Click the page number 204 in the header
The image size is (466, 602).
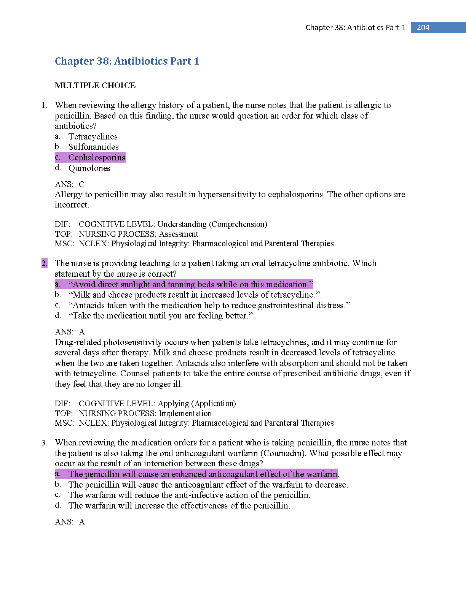[423, 27]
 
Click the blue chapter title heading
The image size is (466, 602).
[127, 61]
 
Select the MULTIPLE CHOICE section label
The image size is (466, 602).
[95, 86]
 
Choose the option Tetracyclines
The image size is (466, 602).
[93, 136]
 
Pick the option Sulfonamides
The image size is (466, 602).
[93, 147]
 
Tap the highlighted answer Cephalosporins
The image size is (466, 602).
[97, 157]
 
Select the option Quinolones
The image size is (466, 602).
[89, 168]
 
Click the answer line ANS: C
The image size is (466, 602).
[70, 184]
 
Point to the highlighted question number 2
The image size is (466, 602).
[45, 263]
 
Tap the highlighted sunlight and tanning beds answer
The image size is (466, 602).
[190, 284]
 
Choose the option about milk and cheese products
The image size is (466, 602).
[194, 295]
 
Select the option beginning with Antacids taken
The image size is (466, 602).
[209, 305]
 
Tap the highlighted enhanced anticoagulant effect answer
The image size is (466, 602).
[203, 474]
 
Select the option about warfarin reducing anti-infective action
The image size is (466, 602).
[189, 495]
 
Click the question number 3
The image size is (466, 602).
[45, 443]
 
